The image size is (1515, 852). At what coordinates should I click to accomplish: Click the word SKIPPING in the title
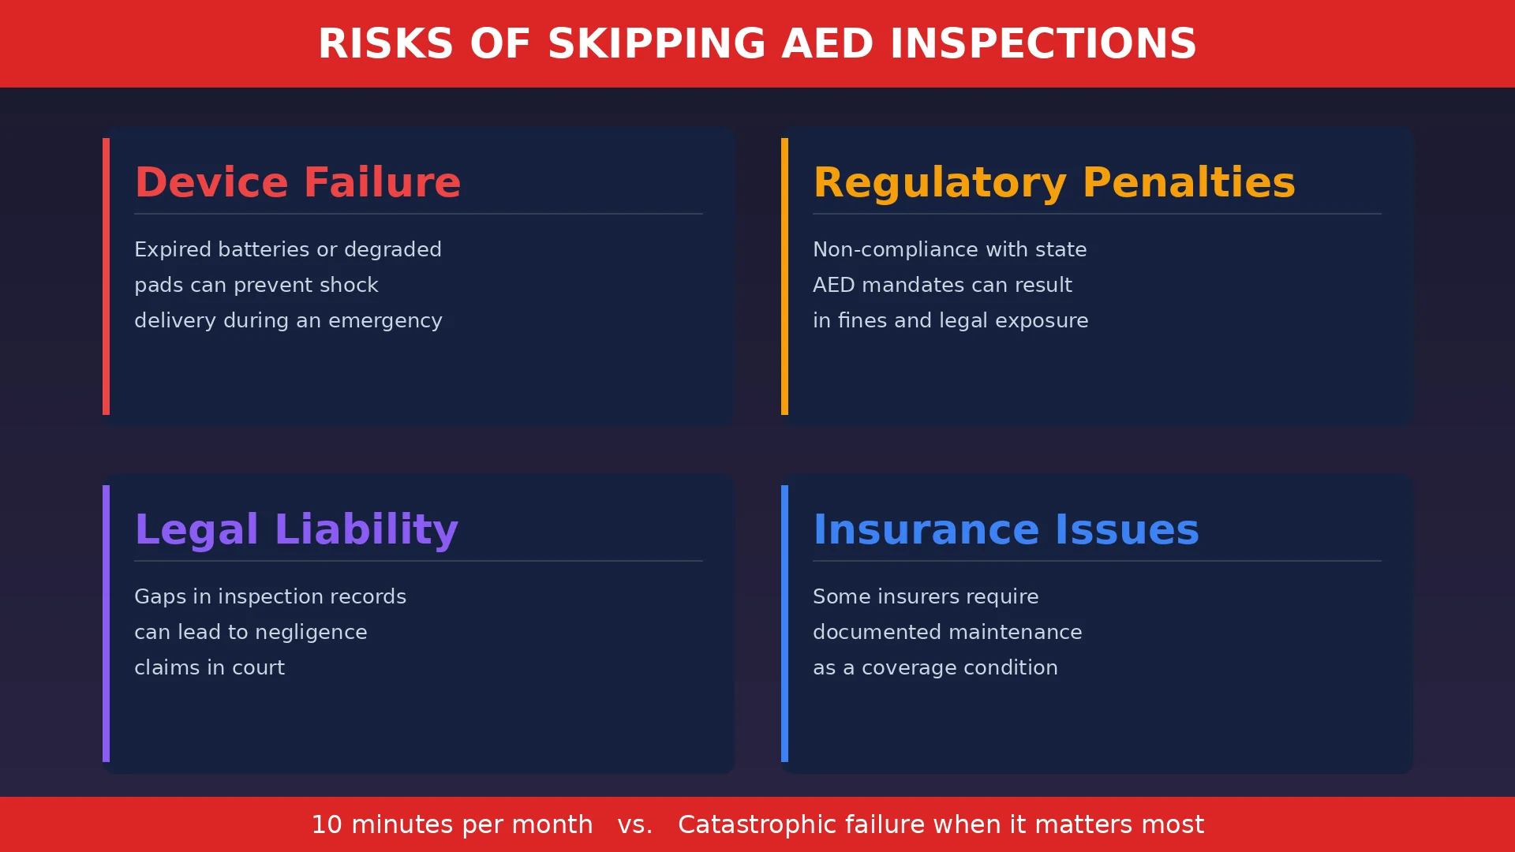click(656, 44)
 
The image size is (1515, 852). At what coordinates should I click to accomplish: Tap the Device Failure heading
click(297, 183)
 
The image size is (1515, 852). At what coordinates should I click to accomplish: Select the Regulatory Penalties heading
click(1053, 183)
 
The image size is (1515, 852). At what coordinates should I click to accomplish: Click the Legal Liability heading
click(296, 530)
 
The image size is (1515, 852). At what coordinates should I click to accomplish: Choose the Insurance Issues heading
click(1005, 530)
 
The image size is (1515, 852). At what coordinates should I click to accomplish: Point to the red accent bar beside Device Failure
click(106, 276)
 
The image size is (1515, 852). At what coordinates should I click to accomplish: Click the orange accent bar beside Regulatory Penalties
click(784, 276)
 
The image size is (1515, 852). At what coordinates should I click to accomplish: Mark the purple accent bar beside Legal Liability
click(106, 623)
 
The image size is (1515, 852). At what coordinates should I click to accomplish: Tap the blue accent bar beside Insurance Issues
click(784, 623)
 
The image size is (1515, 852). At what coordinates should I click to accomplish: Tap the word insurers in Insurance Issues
click(917, 597)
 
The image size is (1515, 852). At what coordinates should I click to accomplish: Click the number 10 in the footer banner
click(327, 825)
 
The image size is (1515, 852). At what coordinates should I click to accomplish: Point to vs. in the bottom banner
click(634, 825)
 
